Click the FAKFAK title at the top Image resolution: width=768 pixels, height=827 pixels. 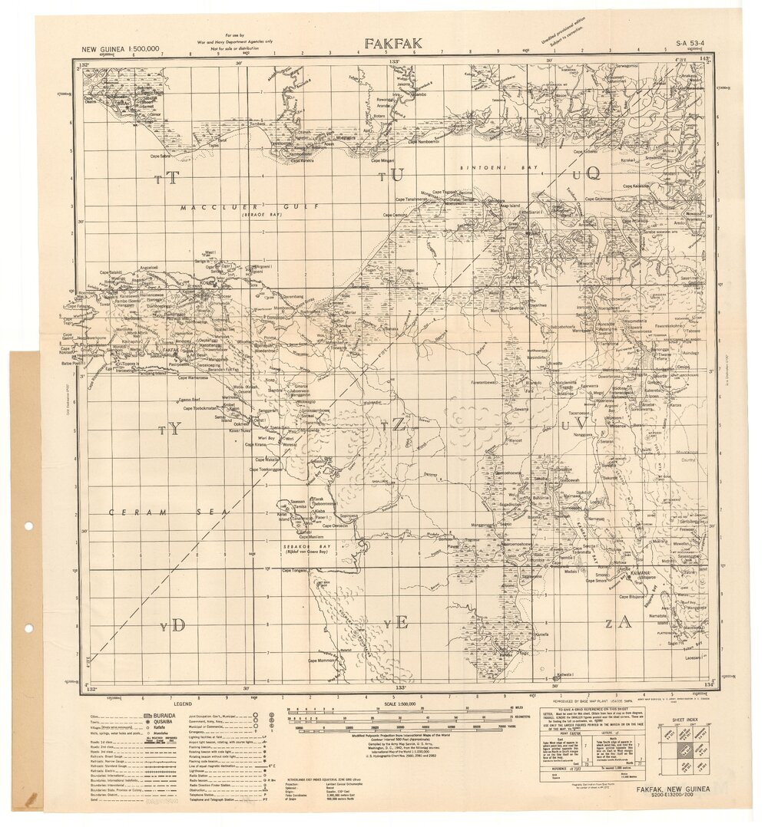click(x=393, y=44)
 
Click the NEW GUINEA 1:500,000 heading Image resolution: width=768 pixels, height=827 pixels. click(x=121, y=49)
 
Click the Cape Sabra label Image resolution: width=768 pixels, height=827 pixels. click(x=161, y=157)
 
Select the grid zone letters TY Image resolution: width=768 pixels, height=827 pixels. click(x=170, y=430)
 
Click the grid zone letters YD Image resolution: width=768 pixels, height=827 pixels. click(x=174, y=625)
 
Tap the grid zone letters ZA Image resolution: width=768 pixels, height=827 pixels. click(x=617, y=621)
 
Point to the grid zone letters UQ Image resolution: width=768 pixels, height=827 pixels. click(x=588, y=174)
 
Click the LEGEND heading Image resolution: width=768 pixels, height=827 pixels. click(x=182, y=703)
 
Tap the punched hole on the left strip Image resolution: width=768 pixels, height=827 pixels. click(x=29, y=526)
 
